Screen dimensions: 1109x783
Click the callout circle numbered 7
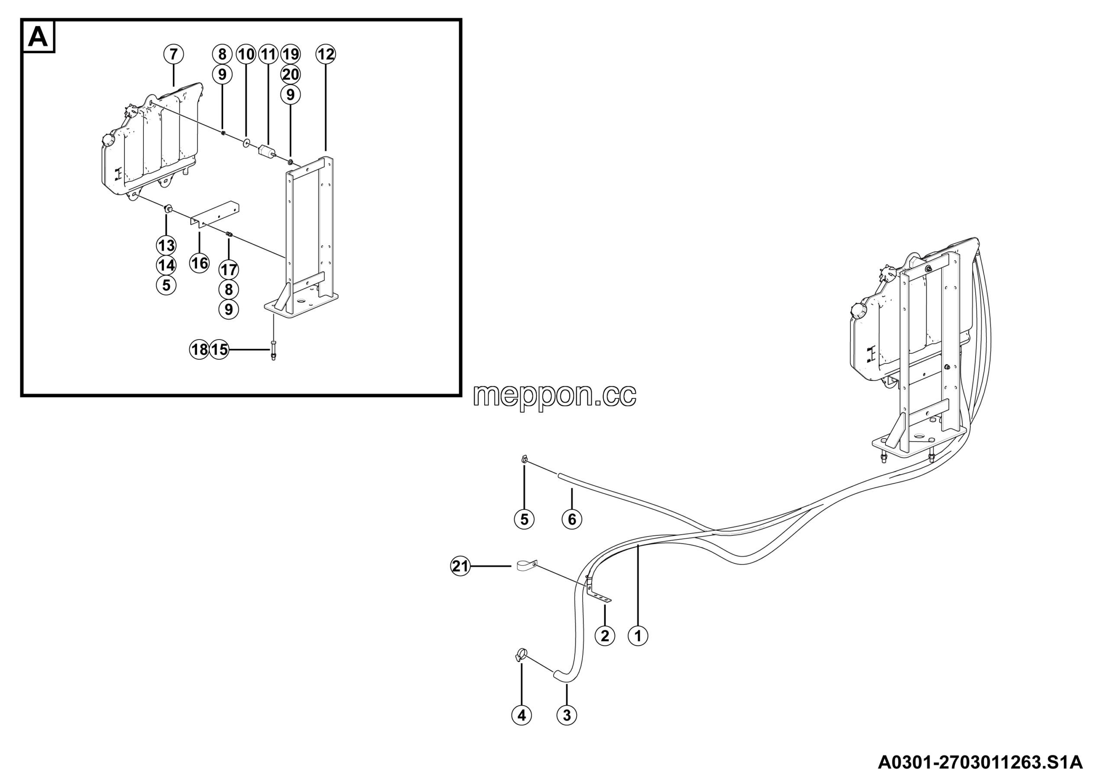pos(173,54)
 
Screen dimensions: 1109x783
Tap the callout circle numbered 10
pos(246,54)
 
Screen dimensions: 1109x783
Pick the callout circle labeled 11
pos(268,54)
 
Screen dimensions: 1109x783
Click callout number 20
pos(290,74)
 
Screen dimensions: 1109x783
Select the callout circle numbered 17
pos(229,269)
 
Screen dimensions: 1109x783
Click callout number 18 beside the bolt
pos(199,349)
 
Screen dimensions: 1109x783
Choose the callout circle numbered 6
pos(572,519)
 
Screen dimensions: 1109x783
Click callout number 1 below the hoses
pos(638,636)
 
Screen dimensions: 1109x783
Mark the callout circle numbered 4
pos(522,715)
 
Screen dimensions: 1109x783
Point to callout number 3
pos(567,715)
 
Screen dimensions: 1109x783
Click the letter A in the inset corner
pos(38,37)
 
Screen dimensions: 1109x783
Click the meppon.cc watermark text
pos(554,395)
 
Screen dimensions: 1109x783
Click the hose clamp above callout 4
pos(521,654)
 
